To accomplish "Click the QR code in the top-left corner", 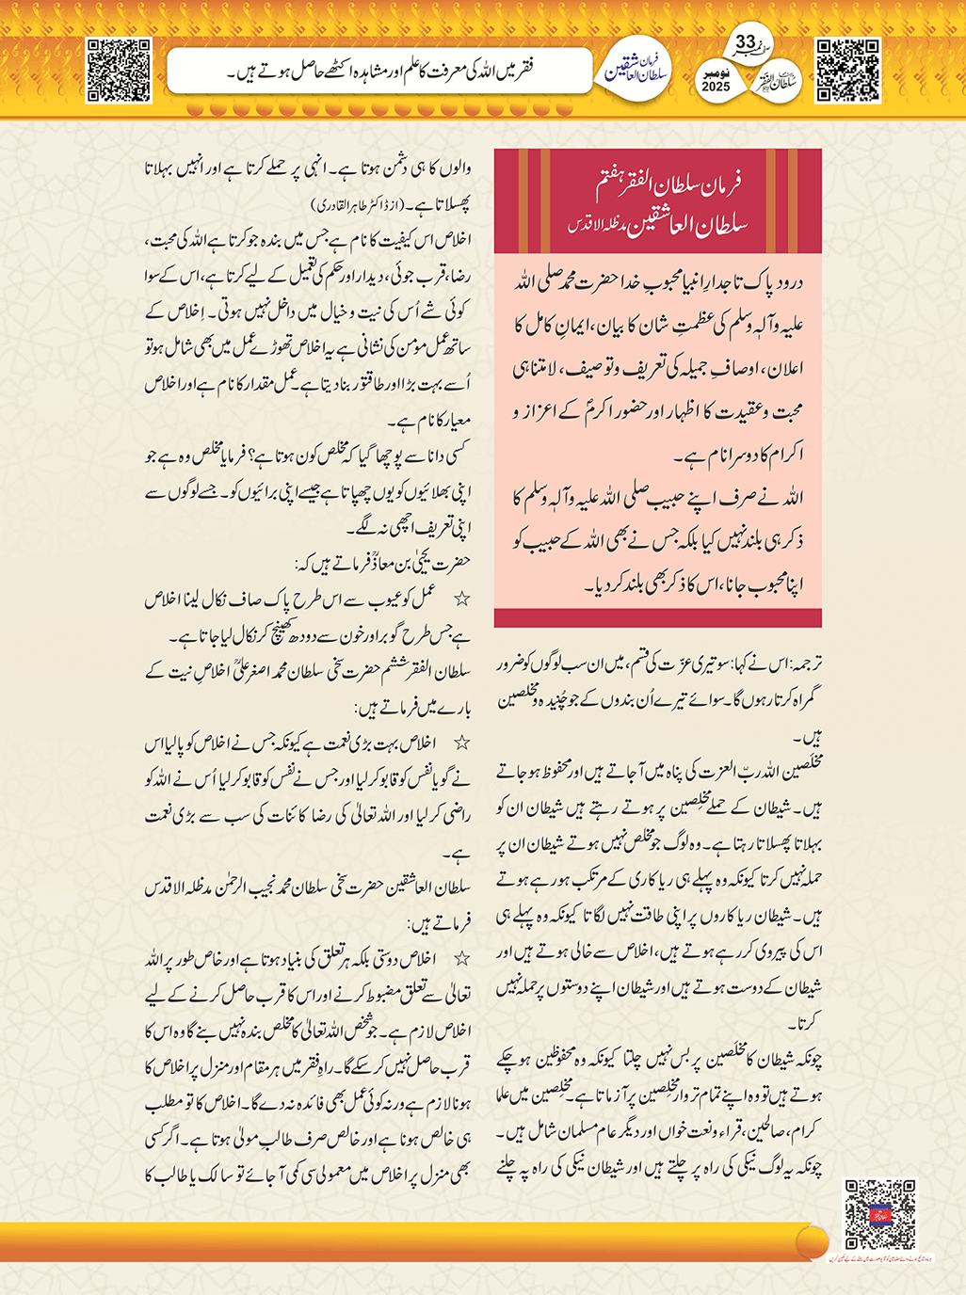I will tap(119, 70).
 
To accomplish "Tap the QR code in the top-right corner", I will tap(847, 70).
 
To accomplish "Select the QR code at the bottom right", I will tap(879, 1214).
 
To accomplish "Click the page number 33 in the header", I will tap(746, 43).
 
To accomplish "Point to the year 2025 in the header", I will tap(716, 86).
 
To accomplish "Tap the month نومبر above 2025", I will tap(716, 72).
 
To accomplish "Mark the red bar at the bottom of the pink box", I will tap(657, 617).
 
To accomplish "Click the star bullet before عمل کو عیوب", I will tap(461, 600).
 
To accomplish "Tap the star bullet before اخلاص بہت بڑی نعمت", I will tap(461, 743).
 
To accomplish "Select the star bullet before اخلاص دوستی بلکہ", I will tap(461, 959).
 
